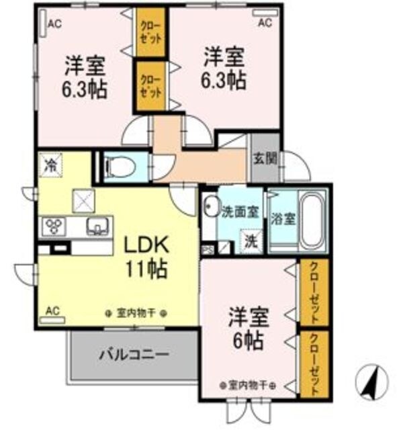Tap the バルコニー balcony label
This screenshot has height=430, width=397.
click(134, 353)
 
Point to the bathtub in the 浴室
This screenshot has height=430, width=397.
click(312, 220)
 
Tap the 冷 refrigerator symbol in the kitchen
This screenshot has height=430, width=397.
click(50, 163)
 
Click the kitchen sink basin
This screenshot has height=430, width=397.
click(98, 226)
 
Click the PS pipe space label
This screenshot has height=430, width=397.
click(206, 251)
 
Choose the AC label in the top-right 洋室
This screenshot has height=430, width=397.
click(265, 23)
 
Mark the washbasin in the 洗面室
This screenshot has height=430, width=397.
click(211, 208)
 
